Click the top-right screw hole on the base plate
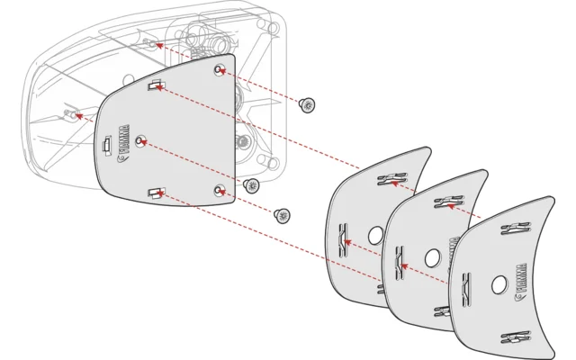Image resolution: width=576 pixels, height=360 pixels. [219, 69]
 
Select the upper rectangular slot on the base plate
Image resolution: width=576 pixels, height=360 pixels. [156, 85]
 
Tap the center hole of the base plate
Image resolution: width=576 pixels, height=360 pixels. [139, 141]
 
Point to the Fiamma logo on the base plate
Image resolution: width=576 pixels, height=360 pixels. [126, 166]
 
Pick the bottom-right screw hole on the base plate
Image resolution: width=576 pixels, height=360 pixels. [219, 189]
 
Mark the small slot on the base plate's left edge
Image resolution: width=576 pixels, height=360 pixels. [106, 145]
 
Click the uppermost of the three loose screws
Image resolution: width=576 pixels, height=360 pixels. [309, 105]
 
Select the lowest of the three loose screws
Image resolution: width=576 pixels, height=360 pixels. [282, 214]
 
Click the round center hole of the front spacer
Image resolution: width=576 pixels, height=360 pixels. [499, 284]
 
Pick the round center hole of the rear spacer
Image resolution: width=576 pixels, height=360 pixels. [375, 235]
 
